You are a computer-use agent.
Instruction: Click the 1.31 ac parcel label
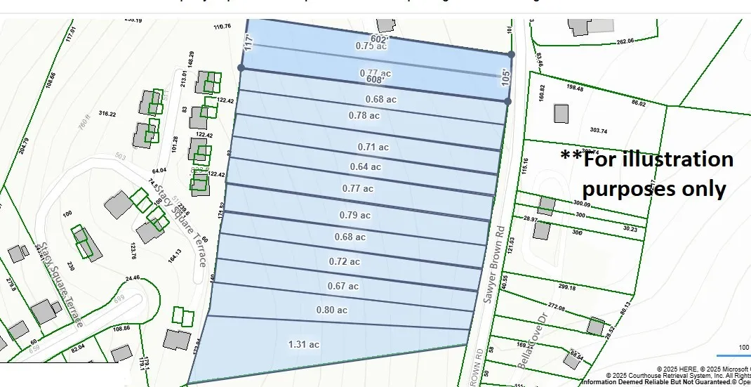click(304, 344)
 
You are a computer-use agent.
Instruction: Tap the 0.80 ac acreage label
click(332, 310)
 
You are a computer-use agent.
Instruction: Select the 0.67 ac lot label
click(343, 286)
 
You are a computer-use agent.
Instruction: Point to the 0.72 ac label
click(345, 261)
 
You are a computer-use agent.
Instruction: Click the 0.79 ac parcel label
click(354, 215)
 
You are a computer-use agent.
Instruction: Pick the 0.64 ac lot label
click(366, 166)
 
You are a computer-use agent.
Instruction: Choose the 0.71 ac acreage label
click(373, 147)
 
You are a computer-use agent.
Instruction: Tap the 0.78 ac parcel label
click(364, 115)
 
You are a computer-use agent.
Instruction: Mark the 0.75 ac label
click(371, 46)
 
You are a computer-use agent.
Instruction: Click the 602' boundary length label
click(380, 39)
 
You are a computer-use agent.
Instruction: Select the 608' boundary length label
click(375, 79)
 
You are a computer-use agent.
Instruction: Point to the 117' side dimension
click(248, 42)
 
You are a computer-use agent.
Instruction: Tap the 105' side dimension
click(505, 77)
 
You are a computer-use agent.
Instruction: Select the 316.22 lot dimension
click(107, 114)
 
